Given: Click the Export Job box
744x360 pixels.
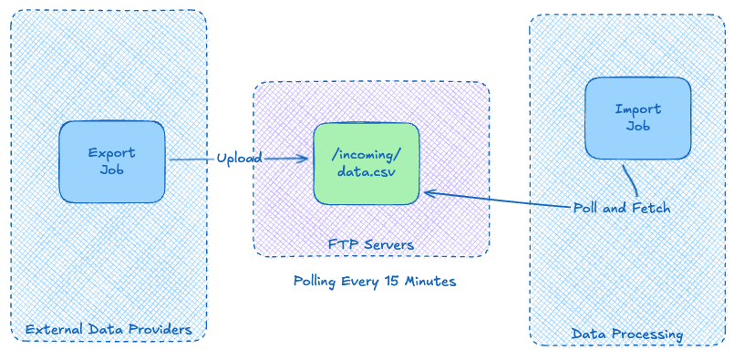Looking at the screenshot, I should (112, 161).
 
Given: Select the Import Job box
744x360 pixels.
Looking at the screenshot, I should (637, 118).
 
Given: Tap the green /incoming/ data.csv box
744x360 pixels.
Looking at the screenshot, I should (366, 162).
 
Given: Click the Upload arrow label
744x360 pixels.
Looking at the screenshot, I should (239, 159).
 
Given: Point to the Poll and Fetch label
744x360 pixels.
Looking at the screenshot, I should (621, 208).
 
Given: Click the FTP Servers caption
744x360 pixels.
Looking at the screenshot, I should (370, 244).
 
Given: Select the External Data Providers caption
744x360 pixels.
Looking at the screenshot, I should (108, 329).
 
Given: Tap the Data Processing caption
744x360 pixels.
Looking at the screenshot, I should (626, 334).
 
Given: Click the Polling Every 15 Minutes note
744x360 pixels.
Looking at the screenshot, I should (374, 281).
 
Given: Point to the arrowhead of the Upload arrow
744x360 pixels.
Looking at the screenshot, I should (305, 159).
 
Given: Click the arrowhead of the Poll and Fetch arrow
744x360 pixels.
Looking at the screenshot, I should (427, 192).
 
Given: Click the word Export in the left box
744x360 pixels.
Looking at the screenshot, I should (111, 152).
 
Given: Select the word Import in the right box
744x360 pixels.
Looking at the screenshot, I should (637, 109).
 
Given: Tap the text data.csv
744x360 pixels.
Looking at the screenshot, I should (365, 171).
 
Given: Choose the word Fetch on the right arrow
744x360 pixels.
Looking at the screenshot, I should (651, 208).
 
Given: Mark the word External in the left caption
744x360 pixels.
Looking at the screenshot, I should (55, 329).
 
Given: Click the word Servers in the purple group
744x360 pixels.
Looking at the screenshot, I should (387, 244).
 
